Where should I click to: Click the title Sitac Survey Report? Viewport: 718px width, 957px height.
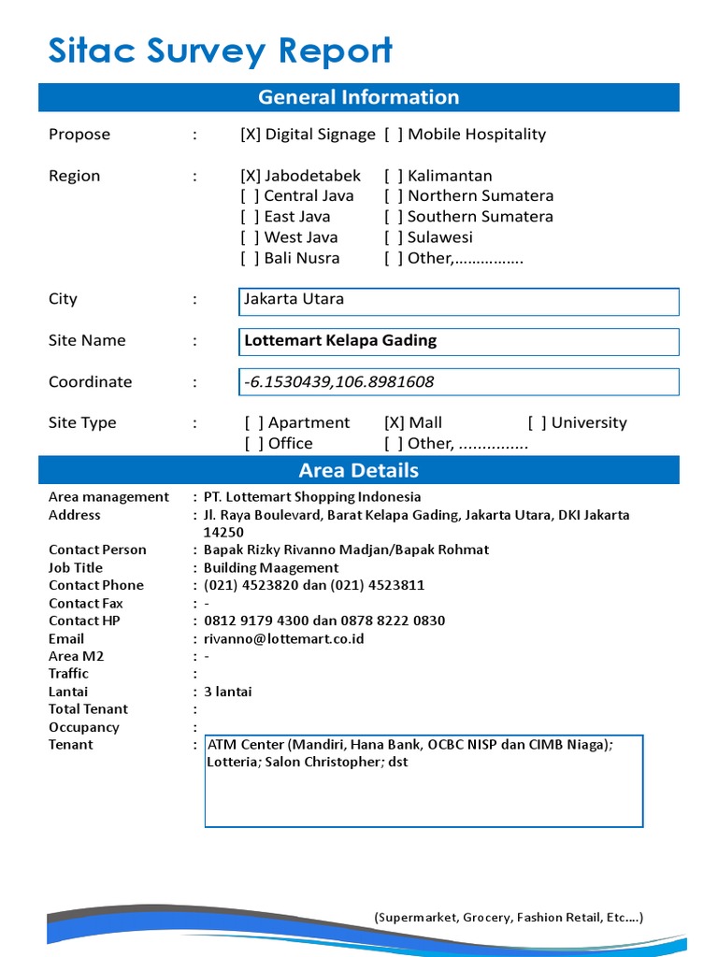(x=220, y=51)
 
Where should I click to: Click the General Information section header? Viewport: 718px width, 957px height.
(x=358, y=97)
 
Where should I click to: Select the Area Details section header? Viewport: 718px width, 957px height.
(x=358, y=470)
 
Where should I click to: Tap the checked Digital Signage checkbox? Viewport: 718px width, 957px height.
(x=251, y=135)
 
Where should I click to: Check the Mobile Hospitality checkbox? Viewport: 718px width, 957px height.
(x=394, y=135)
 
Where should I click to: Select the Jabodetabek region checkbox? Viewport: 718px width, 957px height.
(x=251, y=176)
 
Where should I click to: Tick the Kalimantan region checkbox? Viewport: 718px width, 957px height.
(x=394, y=176)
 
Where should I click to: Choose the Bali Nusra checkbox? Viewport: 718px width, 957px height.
(x=250, y=258)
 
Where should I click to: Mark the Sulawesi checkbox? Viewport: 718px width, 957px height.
(x=394, y=237)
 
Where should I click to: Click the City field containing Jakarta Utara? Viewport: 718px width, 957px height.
(x=458, y=300)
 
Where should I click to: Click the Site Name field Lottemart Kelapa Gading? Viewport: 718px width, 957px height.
(x=458, y=341)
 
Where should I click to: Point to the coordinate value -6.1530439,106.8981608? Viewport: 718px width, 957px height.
(x=338, y=382)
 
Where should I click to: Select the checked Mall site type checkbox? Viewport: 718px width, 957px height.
(x=395, y=422)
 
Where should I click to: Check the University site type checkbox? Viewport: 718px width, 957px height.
(x=538, y=422)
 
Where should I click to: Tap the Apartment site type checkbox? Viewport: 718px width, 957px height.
(x=254, y=422)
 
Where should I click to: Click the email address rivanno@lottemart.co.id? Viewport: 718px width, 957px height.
(x=284, y=638)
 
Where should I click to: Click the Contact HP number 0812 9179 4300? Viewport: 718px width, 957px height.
(x=257, y=621)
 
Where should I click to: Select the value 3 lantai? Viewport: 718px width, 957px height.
(x=227, y=692)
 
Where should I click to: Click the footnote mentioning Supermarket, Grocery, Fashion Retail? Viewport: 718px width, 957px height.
(x=509, y=917)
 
